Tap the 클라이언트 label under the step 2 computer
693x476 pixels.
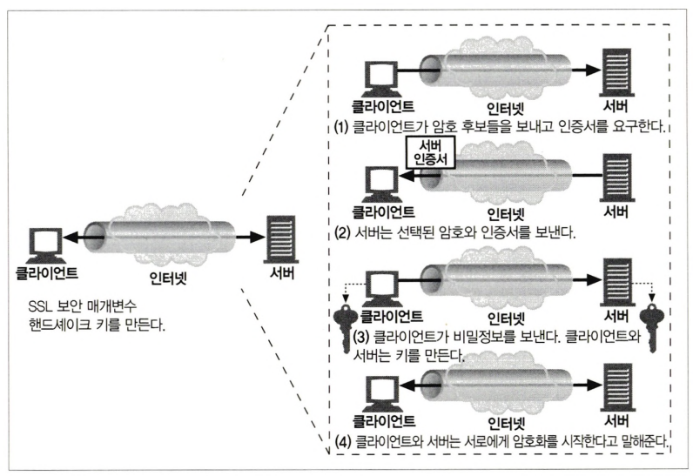click(380, 211)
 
